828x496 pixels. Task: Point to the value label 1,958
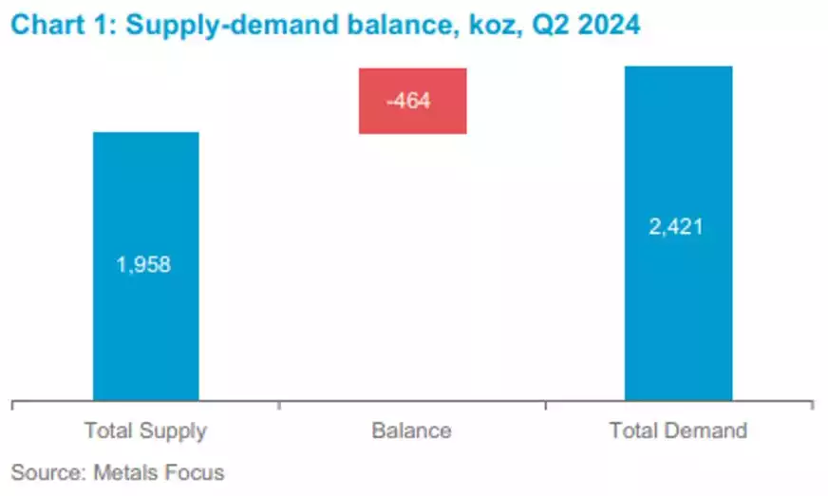[x=144, y=265]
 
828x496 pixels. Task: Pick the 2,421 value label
[x=677, y=227]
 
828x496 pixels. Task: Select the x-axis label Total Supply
[x=145, y=430]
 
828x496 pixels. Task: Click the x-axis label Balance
[x=411, y=430]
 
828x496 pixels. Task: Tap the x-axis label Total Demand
[x=678, y=430]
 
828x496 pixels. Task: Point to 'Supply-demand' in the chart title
[x=212, y=26]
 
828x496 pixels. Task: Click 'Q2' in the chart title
[x=532, y=26]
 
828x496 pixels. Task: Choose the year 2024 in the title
[x=599, y=26]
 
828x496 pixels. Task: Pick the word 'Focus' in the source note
[x=190, y=471]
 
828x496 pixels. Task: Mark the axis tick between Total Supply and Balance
[x=278, y=406]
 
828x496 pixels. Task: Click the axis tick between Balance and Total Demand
[x=545, y=406]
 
